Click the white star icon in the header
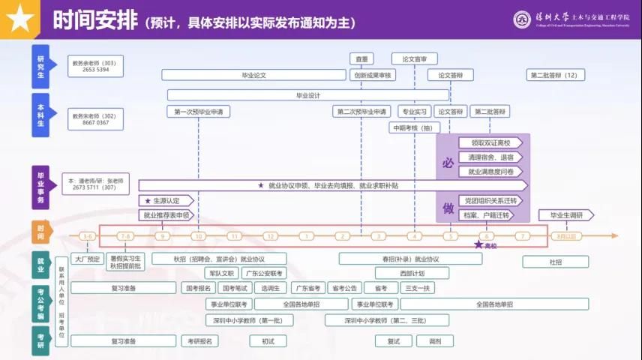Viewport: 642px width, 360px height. click(x=20, y=19)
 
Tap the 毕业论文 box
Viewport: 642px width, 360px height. click(x=253, y=75)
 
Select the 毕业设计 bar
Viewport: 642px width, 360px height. click(x=307, y=95)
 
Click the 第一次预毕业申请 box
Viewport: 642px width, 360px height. click(x=198, y=112)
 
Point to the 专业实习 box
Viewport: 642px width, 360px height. click(x=414, y=112)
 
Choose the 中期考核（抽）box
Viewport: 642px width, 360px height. click(x=413, y=127)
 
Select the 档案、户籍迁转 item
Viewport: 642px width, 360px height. click(x=486, y=215)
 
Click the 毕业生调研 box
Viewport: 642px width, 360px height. click(x=565, y=215)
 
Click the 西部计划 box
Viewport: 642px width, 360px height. click(x=411, y=273)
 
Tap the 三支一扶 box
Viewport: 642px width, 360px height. click(x=418, y=288)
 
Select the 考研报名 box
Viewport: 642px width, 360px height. click(x=199, y=340)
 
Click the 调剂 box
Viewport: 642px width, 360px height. click(x=435, y=340)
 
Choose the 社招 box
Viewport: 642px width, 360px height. click(x=554, y=262)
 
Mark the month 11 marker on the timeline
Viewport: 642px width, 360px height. click(x=233, y=236)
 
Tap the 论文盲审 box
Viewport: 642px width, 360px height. click(x=414, y=58)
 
